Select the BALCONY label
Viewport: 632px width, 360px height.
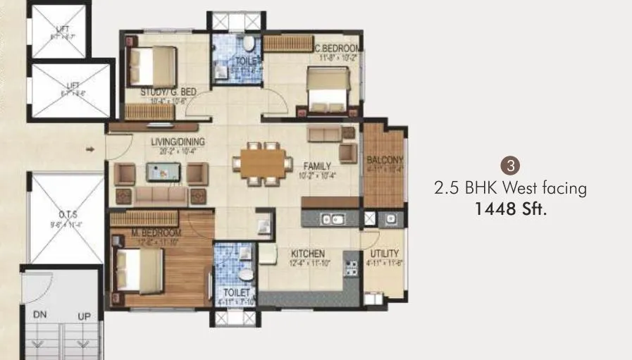click(384, 160)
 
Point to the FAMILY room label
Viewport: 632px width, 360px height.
click(317, 166)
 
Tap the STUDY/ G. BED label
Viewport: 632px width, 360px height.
click(168, 92)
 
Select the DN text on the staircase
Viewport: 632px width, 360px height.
click(40, 316)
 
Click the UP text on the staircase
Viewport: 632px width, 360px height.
click(84, 316)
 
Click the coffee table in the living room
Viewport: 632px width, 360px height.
click(163, 170)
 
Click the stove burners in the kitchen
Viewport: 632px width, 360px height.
click(347, 266)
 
